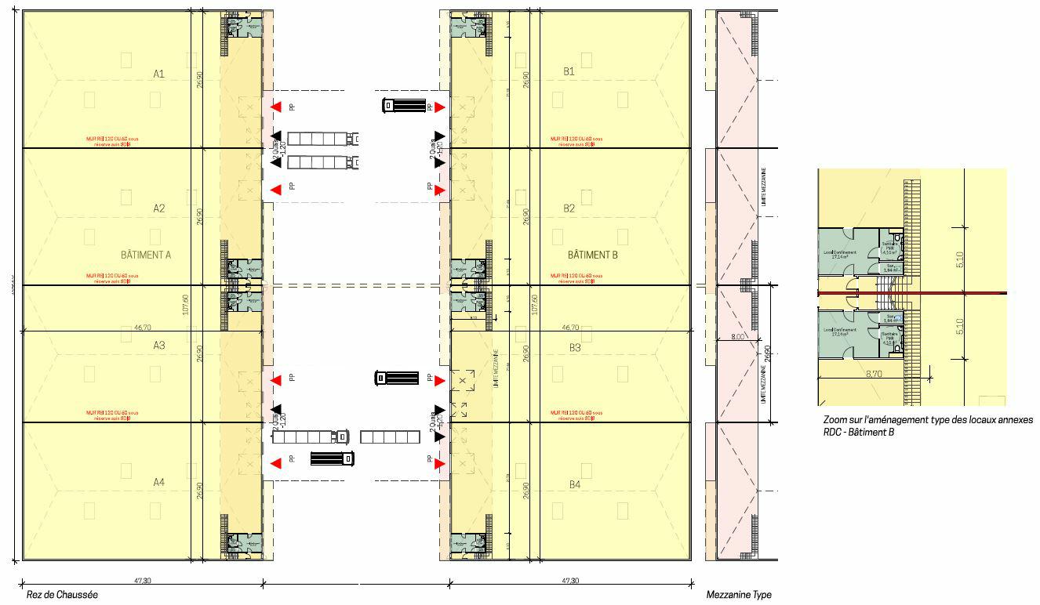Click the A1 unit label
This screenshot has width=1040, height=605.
point(158,74)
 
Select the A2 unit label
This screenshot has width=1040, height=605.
point(158,208)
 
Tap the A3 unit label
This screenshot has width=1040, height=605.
point(158,345)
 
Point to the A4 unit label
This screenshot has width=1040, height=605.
point(158,481)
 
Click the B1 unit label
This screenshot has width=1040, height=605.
point(569,71)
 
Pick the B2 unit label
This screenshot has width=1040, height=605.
point(569,208)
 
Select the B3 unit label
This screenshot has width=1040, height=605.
point(575,347)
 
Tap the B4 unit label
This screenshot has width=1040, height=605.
point(575,485)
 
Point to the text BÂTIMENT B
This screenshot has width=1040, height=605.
point(593,255)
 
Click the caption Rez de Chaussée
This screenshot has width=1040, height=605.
point(62,595)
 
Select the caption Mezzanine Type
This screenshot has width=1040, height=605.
point(738,595)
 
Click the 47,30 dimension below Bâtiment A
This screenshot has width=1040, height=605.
point(142,581)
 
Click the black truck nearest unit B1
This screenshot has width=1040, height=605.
point(404,106)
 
